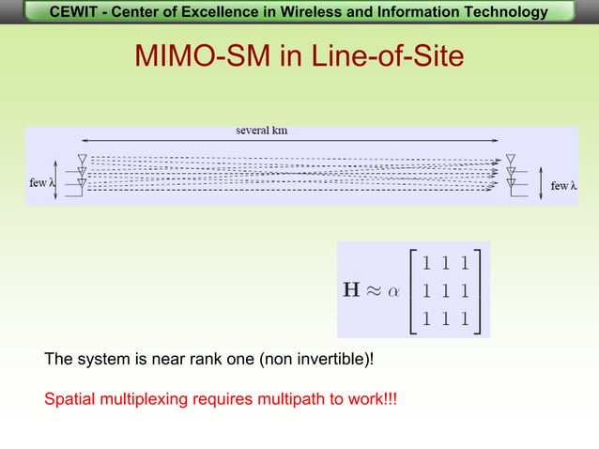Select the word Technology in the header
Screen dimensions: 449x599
click(497, 12)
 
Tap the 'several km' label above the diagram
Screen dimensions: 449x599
click(261, 131)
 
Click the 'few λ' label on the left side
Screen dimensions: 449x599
click(41, 181)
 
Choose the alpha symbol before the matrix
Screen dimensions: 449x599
click(398, 291)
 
